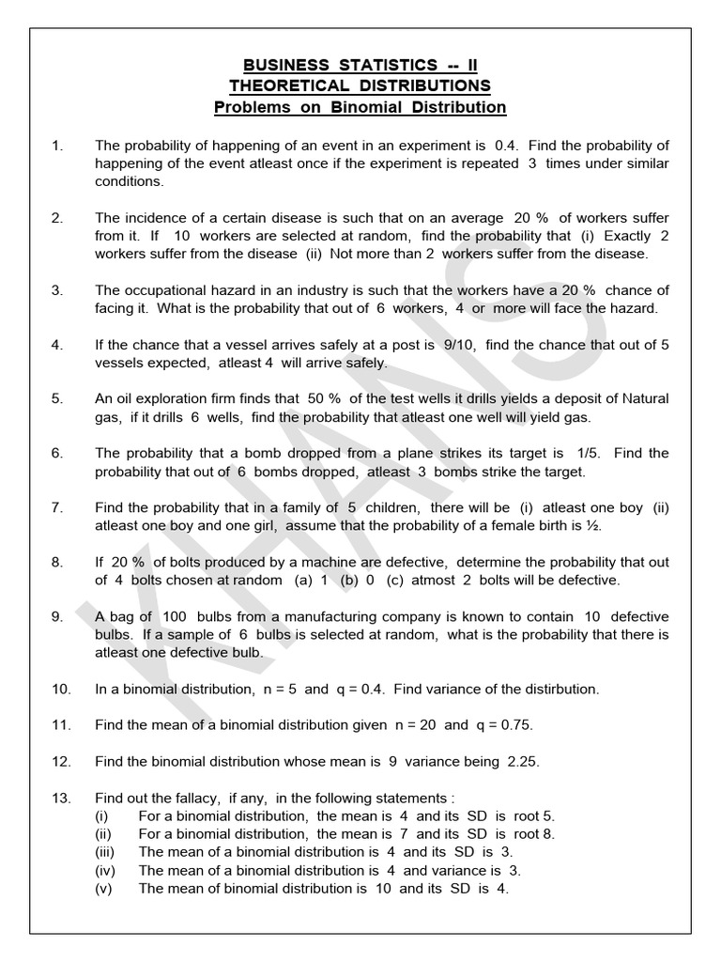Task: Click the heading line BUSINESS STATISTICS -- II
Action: point(360,66)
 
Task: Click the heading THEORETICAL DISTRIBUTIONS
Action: point(360,86)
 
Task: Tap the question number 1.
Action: point(56,146)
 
